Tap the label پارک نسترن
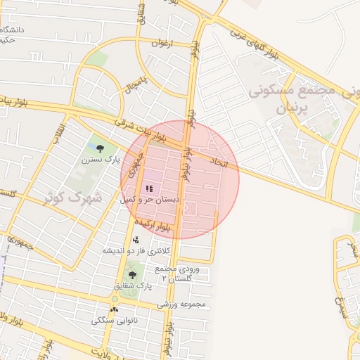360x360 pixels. click(96, 160)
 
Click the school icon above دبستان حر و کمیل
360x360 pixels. click(148, 188)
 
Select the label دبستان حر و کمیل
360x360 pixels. click(150, 200)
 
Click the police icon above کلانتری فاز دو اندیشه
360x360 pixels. click(136, 240)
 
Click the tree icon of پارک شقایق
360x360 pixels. click(132, 275)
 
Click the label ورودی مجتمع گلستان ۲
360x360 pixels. click(180, 274)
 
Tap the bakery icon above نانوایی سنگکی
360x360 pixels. click(114, 309)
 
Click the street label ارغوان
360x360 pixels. click(160, 44)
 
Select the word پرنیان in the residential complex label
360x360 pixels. click(291, 109)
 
